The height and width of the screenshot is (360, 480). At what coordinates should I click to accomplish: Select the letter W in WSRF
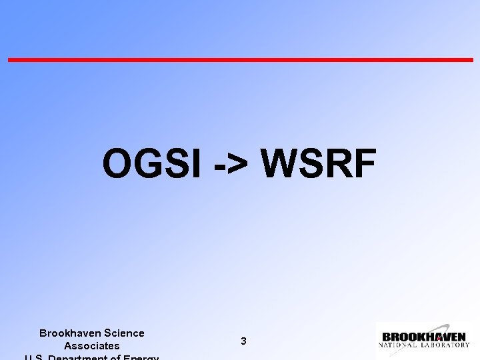coord(281,164)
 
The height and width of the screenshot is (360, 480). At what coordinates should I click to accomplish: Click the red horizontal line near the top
coord(240,60)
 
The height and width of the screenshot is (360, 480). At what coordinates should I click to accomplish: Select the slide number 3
coord(243,341)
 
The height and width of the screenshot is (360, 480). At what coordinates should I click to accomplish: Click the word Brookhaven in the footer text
coord(69,333)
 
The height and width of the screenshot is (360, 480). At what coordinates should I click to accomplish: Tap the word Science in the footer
coord(123,333)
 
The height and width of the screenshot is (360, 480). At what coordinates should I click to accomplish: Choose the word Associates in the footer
coord(92,346)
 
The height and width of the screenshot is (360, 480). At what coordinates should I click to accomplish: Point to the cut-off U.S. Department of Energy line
coord(92,357)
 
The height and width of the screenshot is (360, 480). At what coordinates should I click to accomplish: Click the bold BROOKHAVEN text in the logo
coord(423,337)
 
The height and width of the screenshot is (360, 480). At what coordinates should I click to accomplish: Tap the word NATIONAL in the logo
coord(399,345)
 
